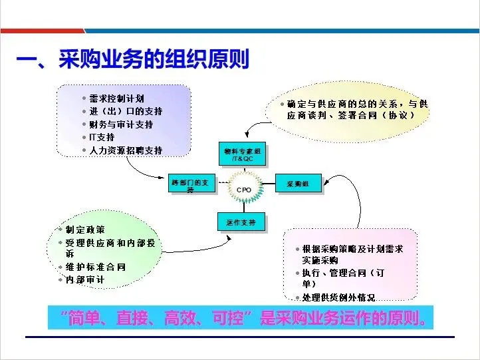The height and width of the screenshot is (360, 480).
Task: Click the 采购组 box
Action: point(299,183)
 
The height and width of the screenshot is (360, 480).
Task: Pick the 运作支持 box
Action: point(241,222)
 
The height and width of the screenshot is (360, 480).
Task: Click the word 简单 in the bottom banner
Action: point(90,318)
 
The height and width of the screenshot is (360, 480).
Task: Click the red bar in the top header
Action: point(40,31)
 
